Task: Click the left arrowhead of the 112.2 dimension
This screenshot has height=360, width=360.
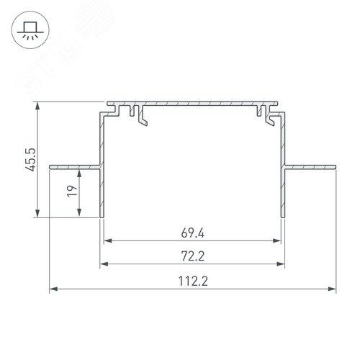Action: tap(52, 291)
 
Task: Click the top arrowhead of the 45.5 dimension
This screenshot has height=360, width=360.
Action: tap(36, 105)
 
